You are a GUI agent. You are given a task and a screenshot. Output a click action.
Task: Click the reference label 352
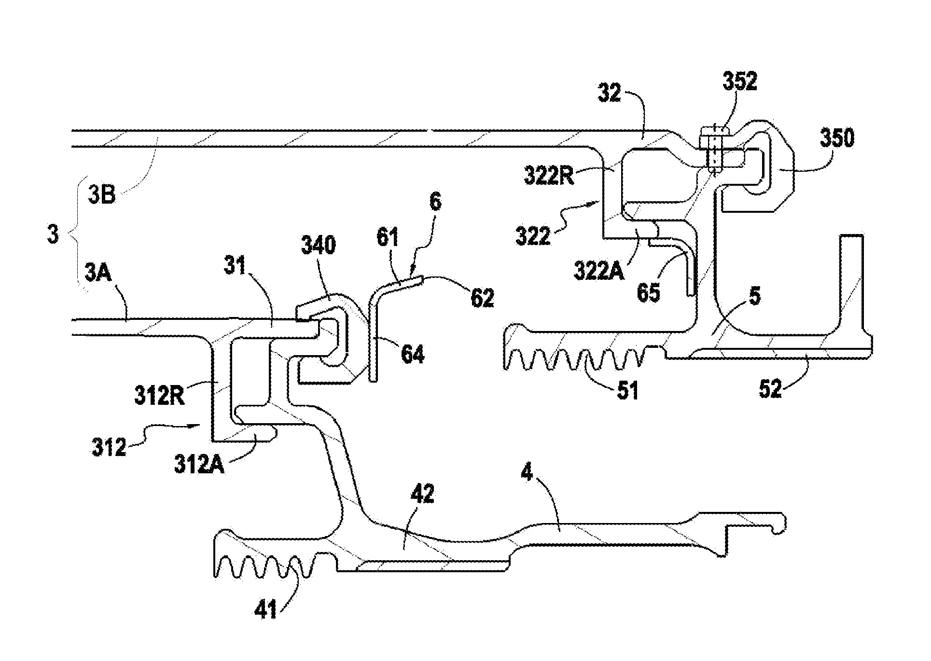[739, 83]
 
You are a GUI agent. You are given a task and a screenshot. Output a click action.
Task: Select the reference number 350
[836, 138]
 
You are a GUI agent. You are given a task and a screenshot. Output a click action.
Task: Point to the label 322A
[598, 271]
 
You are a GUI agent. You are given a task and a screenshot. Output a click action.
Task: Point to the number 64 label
[413, 355]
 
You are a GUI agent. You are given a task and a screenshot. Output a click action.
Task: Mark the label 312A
[199, 466]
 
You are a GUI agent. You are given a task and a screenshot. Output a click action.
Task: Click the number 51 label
[627, 390]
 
